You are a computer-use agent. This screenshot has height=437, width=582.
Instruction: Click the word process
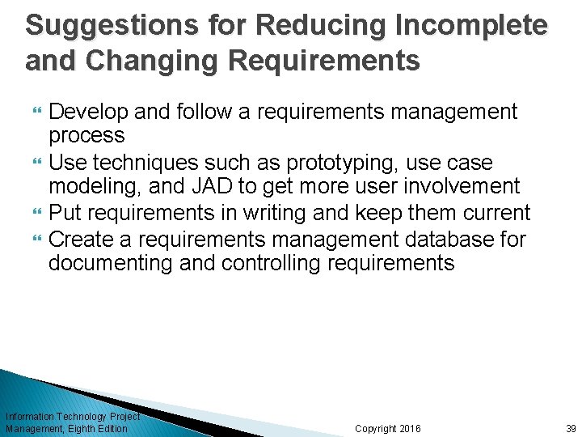point(86,136)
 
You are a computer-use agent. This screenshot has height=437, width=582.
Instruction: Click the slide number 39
point(571,429)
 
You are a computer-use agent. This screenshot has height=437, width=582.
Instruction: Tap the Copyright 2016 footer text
point(388,429)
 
